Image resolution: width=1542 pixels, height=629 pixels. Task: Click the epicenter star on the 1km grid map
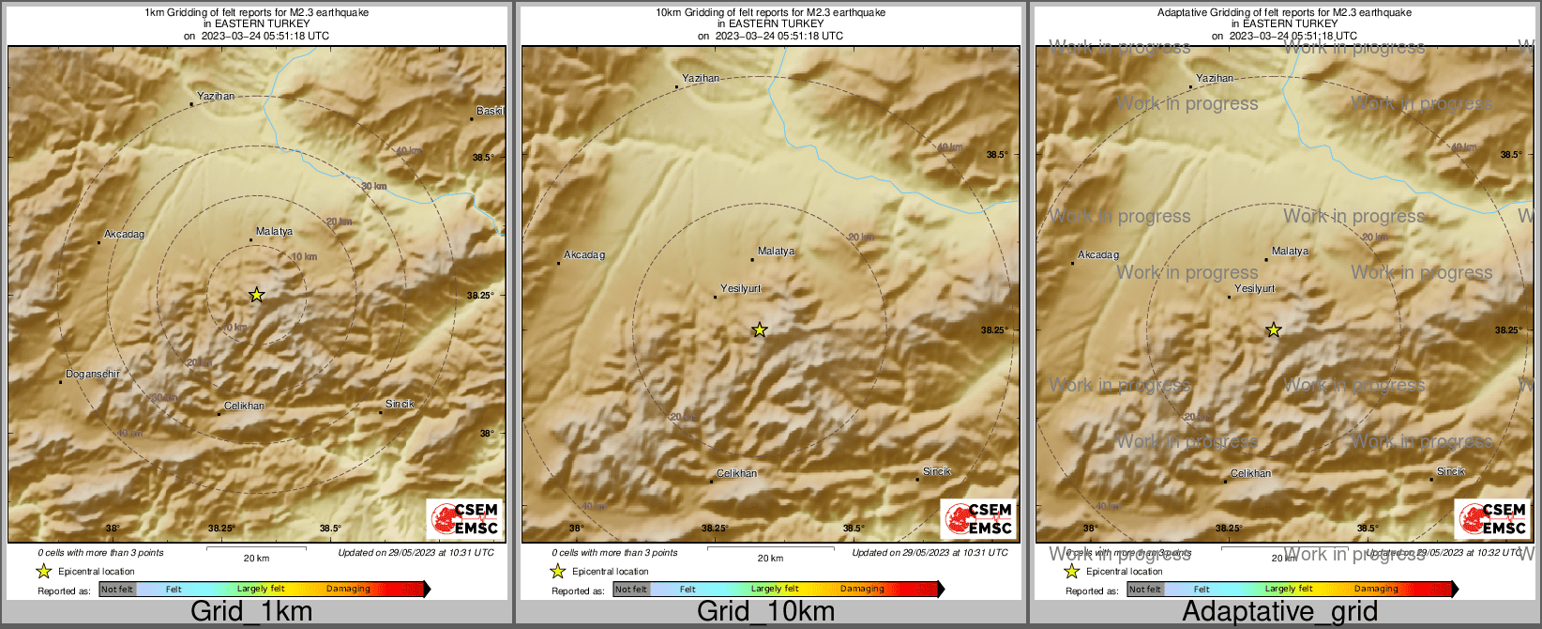pyautogui.click(x=257, y=295)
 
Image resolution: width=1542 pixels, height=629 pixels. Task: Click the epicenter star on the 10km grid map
pyautogui.click(x=760, y=330)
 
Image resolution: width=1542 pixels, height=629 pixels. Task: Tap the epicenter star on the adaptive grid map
pyautogui.click(x=1274, y=330)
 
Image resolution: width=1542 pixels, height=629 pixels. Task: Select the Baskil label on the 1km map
pyautogui.click(x=490, y=111)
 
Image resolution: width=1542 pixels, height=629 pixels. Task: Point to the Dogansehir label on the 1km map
pyautogui.click(x=93, y=374)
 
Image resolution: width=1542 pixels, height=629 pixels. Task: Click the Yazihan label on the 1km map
pyautogui.click(x=216, y=96)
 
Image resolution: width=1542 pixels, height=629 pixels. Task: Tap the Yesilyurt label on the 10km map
pyautogui.click(x=740, y=288)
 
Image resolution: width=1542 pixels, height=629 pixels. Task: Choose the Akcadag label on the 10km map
pyautogui.click(x=584, y=254)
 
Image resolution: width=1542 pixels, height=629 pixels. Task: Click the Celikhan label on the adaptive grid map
pyautogui.click(x=1250, y=473)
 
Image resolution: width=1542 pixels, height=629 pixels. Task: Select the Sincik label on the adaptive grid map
pyautogui.click(x=1450, y=471)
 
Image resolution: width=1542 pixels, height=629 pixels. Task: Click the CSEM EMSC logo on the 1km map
pyautogui.click(x=464, y=518)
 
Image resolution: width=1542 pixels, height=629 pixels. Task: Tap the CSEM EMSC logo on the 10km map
pyautogui.click(x=978, y=518)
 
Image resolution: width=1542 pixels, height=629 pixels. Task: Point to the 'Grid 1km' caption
pyautogui.click(x=251, y=612)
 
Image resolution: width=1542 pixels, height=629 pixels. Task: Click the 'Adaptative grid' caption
pyautogui.click(x=1279, y=612)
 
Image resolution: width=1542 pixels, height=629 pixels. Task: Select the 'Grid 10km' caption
pyautogui.click(x=765, y=612)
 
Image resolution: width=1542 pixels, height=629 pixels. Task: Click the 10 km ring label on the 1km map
pyautogui.click(x=304, y=256)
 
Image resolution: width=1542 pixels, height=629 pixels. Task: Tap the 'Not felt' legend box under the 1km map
pyautogui.click(x=117, y=590)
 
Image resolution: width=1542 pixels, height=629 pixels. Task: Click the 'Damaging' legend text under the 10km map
pyautogui.click(x=862, y=590)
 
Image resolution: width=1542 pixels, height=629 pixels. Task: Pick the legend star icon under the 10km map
pyautogui.click(x=557, y=571)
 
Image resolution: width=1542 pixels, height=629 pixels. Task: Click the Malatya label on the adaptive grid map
pyautogui.click(x=1290, y=251)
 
